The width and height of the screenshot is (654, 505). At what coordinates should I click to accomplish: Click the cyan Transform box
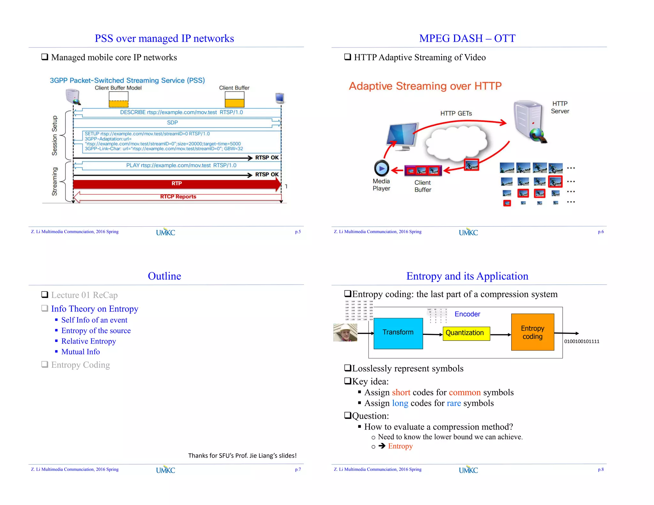[x=398, y=333]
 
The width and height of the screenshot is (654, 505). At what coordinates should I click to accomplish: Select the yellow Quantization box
[x=466, y=333]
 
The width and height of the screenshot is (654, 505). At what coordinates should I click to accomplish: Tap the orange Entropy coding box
[x=532, y=332]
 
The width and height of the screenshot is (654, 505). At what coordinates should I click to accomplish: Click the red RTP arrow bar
[x=177, y=184]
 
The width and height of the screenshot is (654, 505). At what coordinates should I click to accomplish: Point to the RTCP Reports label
[x=178, y=197]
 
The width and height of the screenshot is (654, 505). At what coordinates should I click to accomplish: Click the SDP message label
[x=172, y=123]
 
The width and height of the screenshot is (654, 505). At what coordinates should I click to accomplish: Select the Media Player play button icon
[x=381, y=168]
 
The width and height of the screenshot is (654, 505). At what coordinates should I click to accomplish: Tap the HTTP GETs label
[x=456, y=113]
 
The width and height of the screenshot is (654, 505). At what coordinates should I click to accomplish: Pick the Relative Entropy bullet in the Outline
[x=88, y=341]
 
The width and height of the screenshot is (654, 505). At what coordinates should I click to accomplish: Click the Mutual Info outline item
[x=80, y=352]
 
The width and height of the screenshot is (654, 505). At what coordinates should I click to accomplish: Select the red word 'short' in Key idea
[x=401, y=392]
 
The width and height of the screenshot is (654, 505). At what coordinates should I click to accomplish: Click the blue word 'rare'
[x=453, y=403]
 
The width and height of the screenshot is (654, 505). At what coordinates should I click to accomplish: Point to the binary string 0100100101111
[x=582, y=342]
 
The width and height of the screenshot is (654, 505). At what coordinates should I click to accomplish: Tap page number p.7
[x=298, y=470]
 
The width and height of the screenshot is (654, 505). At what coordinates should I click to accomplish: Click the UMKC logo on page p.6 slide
[x=468, y=232]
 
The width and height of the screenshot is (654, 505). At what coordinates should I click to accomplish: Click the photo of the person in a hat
[x=345, y=333]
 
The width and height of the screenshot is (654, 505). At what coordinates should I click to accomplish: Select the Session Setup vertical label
[x=55, y=136]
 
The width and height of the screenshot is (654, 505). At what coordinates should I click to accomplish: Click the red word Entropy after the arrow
[x=400, y=446]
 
